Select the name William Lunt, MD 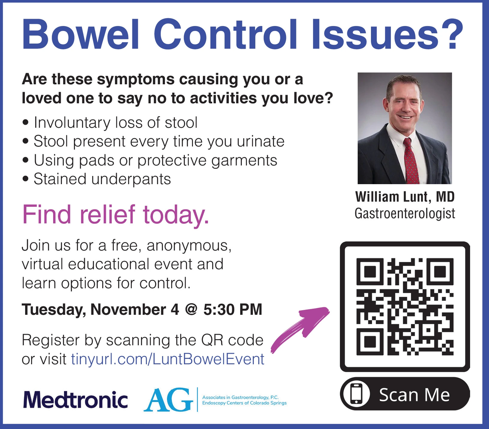click(x=405, y=197)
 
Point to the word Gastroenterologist click(x=405, y=214)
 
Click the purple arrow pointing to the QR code click(x=300, y=330)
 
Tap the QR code click(x=405, y=306)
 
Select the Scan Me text click(x=414, y=395)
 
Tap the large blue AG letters click(x=168, y=400)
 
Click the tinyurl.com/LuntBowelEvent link click(x=168, y=359)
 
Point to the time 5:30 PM click(x=233, y=310)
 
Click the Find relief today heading click(x=116, y=214)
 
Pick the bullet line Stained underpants click(x=97, y=179)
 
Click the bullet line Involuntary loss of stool click(x=110, y=123)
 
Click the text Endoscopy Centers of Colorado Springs click(x=244, y=403)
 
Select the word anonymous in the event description click(x=189, y=246)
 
